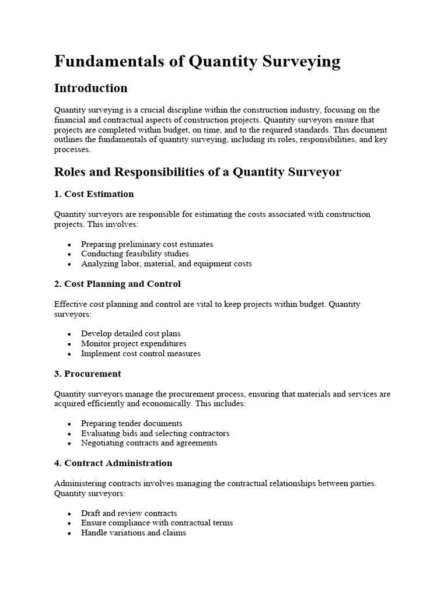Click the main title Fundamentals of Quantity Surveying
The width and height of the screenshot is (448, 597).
click(x=197, y=62)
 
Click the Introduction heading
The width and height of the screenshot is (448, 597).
click(x=90, y=88)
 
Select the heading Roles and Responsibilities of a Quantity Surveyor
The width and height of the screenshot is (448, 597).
click(x=197, y=172)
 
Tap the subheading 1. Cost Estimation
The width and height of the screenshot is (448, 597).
click(x=94, y=194)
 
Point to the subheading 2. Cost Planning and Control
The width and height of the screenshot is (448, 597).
click(x=117, y=284)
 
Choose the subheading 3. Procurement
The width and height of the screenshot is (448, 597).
click(x=87, y=374)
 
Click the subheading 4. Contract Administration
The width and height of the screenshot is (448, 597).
click(x=113, y=463)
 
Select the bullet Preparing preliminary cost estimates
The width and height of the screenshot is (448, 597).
click(x=147, y=244)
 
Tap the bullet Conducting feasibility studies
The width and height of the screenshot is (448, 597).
click(x=135, y=254)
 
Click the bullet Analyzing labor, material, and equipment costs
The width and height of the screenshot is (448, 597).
click(x=166, y=264)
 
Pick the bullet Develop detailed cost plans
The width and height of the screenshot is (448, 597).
click(x=131, y=334)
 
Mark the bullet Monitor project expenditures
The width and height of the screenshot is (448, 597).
click(x=134, y=344)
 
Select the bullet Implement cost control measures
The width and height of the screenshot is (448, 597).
click(x=141, y=353)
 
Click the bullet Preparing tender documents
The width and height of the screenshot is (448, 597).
click(x=132, y=424)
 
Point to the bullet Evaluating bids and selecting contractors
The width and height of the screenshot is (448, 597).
click(x=155, y=434)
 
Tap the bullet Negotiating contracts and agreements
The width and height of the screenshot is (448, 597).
click(x=149, y=443)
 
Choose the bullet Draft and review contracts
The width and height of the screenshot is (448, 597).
click(x=129, y=514)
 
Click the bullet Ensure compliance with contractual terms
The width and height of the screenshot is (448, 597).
click(x=157, y=523)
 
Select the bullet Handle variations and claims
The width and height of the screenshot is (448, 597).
click(x=134, y=533)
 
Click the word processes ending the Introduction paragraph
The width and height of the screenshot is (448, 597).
click(x=72, y=150)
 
